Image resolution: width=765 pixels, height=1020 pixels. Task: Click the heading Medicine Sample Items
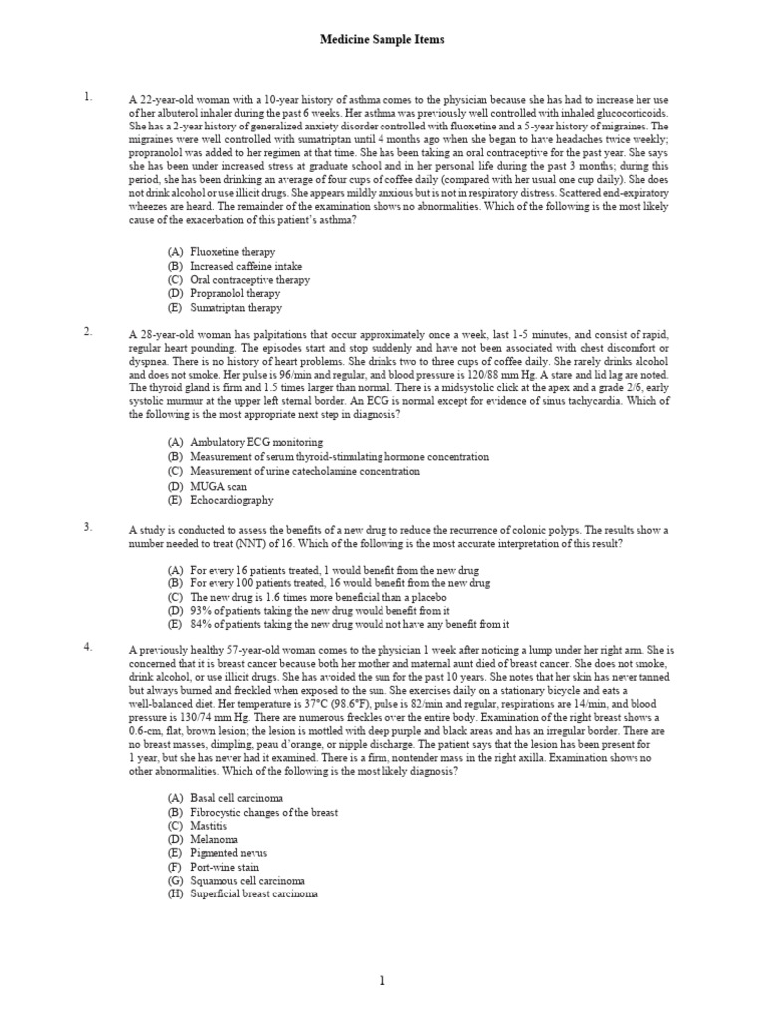point(382,40)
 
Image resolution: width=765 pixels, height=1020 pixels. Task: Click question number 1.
point(88,97)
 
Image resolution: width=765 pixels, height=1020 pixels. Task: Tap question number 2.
point(88,331)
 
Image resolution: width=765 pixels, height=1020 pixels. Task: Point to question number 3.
point(88,526)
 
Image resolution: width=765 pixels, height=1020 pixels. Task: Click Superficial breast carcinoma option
point(250,894)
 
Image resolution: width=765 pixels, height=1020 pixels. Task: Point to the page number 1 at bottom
point(382,981)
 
